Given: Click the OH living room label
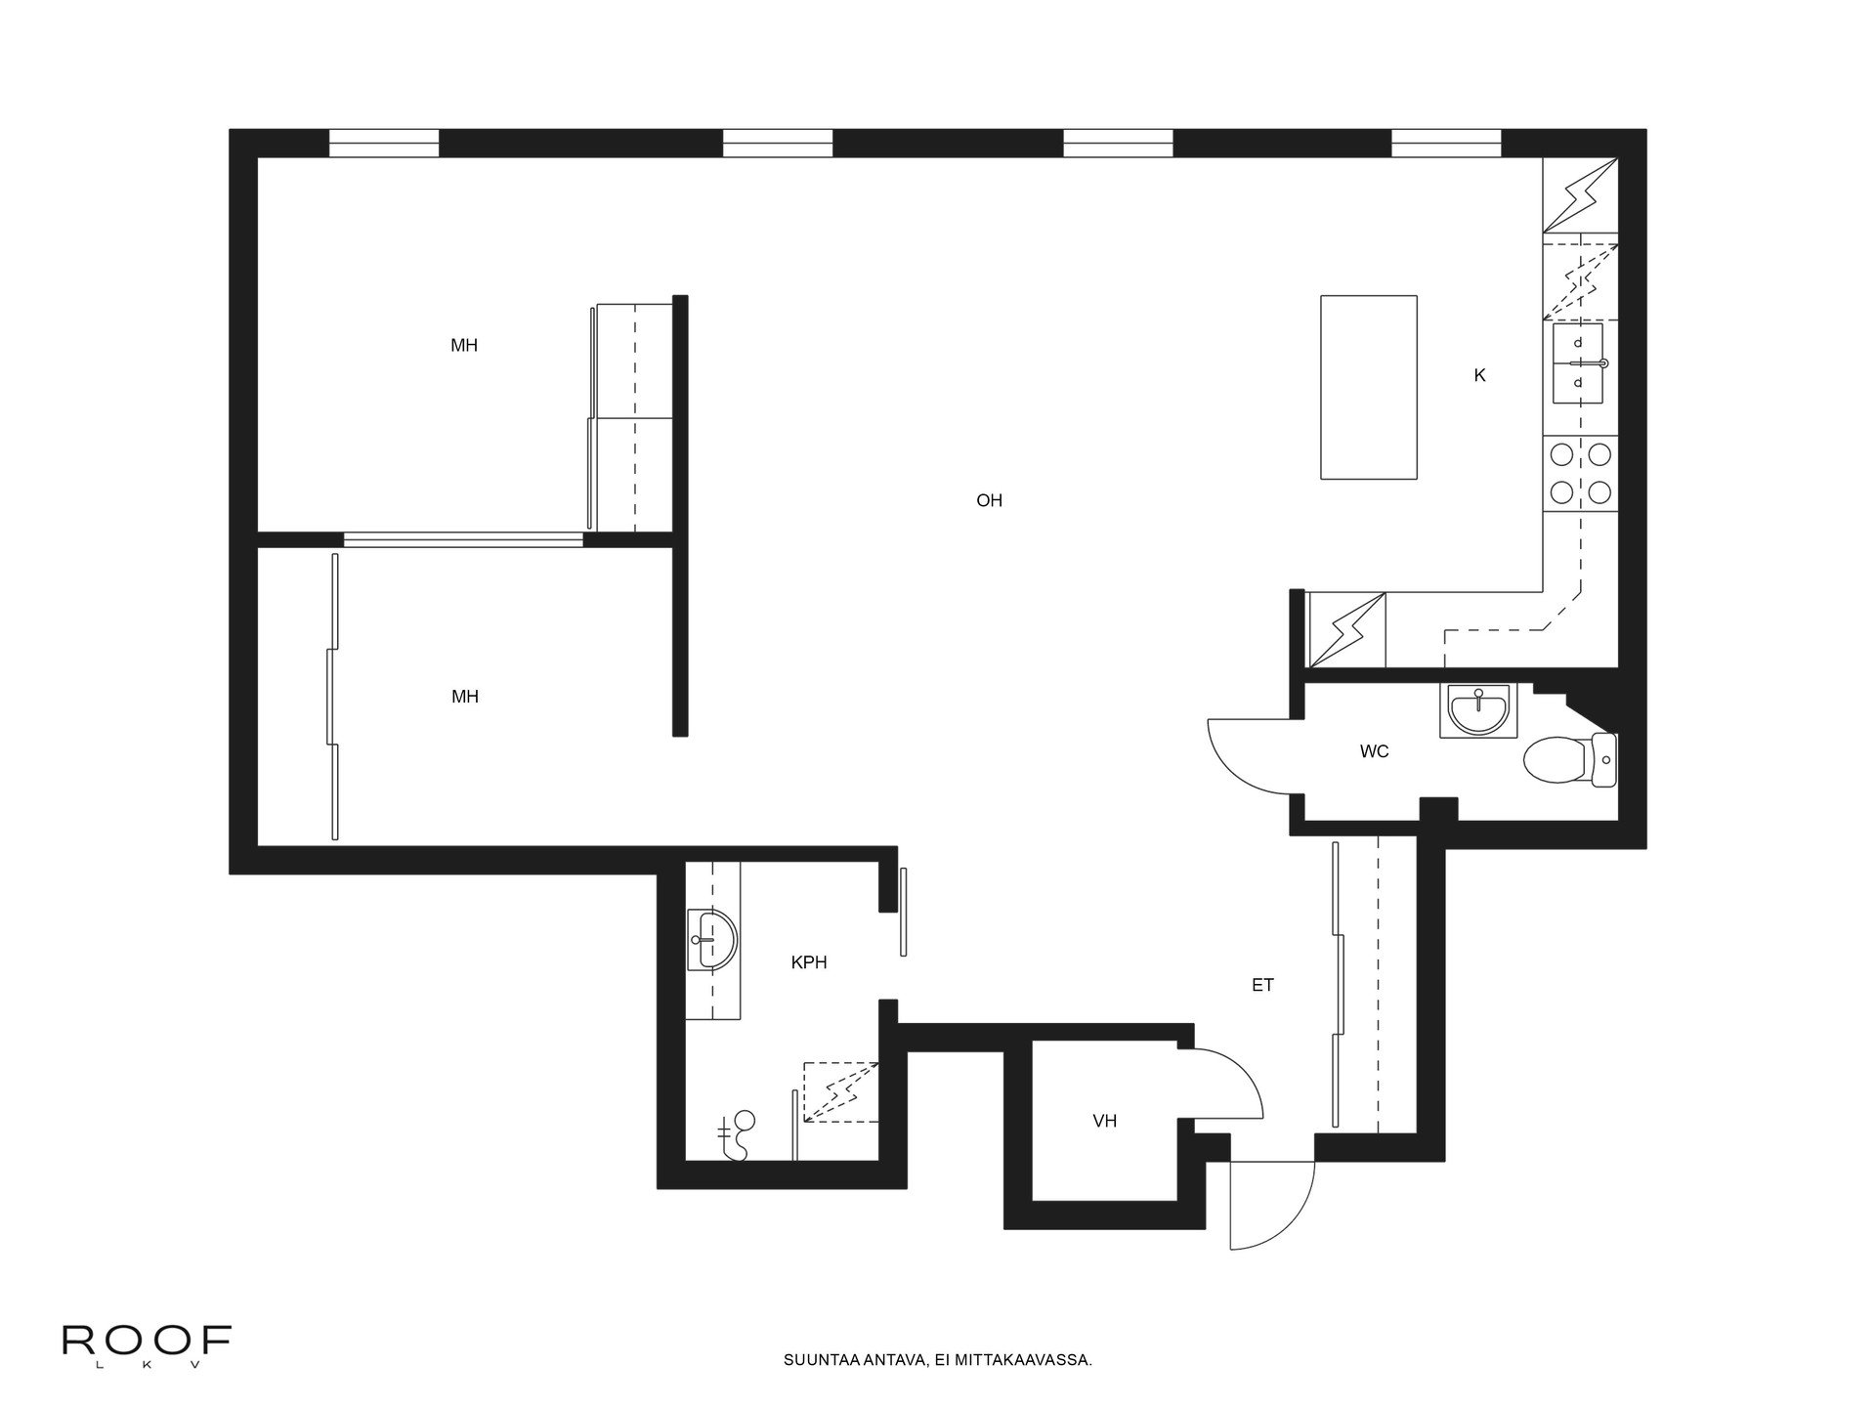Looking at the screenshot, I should [989, 501].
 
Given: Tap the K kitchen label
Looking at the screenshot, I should [1479, 375].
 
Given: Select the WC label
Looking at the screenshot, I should [1374, 751].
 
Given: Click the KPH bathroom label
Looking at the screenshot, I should [808, 962].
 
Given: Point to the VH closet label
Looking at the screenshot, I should [1104, 1121].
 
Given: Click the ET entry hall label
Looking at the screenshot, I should [1262, 985].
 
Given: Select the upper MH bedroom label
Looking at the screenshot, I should [464, 346].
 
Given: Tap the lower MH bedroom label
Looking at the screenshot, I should [464, 697].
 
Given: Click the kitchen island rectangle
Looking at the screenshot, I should [1368, 387].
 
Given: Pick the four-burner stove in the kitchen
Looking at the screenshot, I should [1580, 474].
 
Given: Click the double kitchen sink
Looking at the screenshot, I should [1578, 363].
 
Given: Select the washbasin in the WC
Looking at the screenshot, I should [1478, 710].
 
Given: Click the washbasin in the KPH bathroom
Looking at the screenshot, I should [713, 939].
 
